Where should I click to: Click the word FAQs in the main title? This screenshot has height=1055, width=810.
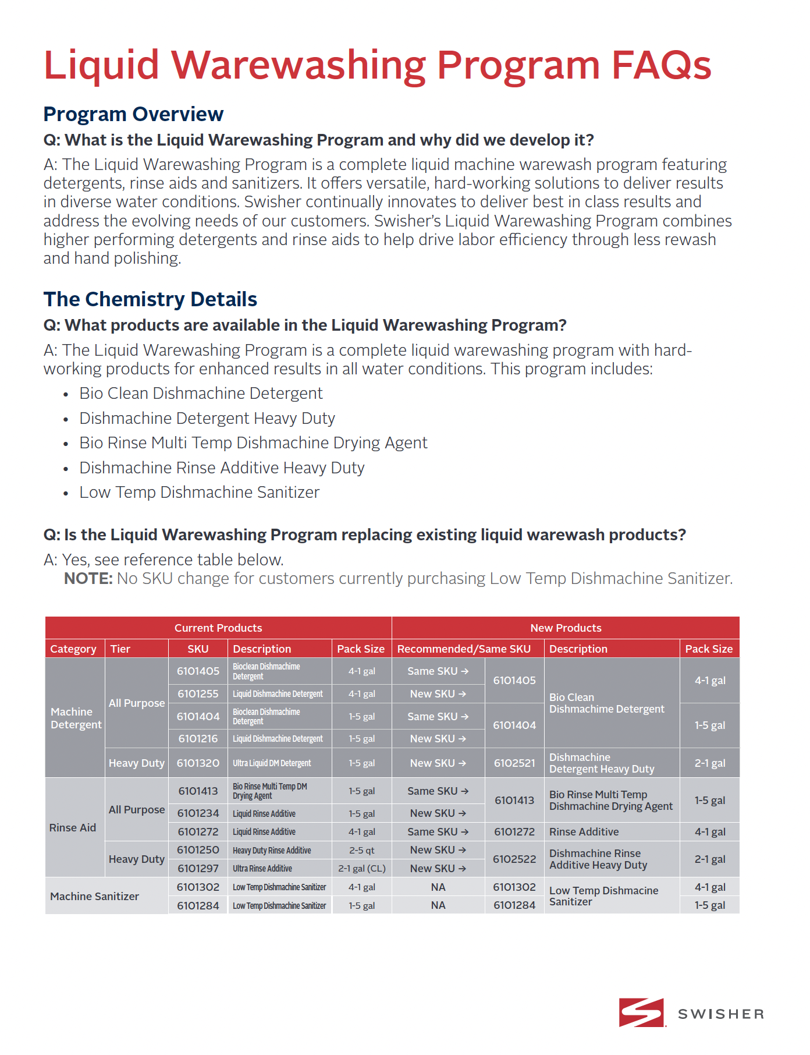point(661,65)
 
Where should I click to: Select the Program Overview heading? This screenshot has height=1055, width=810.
point(133,114)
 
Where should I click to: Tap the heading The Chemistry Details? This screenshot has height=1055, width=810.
point(150,299)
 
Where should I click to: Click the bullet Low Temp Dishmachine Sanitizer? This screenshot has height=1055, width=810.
point(199,493)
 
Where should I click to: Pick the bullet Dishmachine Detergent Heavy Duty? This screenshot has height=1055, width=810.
point(207,419)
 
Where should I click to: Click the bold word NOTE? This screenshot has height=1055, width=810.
point(88,579)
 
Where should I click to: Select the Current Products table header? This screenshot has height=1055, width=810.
point(218,628)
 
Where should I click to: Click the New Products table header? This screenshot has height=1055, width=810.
point(566,628)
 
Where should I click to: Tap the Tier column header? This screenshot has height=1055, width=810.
point(120,649)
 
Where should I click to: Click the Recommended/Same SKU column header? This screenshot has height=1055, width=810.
point(464,649)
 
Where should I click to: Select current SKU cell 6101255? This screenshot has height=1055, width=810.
point(198,694)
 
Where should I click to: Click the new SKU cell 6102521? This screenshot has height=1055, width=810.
point(514,763)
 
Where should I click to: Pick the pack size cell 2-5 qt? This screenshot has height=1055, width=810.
point(361,850)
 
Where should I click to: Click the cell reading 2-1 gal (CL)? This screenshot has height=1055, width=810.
point(361,869)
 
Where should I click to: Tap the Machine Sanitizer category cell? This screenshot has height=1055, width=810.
point(94,896)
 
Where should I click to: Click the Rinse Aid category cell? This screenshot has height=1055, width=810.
point(73,827)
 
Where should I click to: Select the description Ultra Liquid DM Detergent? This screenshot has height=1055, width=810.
point(272,763)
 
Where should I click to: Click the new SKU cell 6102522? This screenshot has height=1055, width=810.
point(514,859)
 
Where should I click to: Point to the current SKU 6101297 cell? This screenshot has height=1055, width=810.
point(198,869)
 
